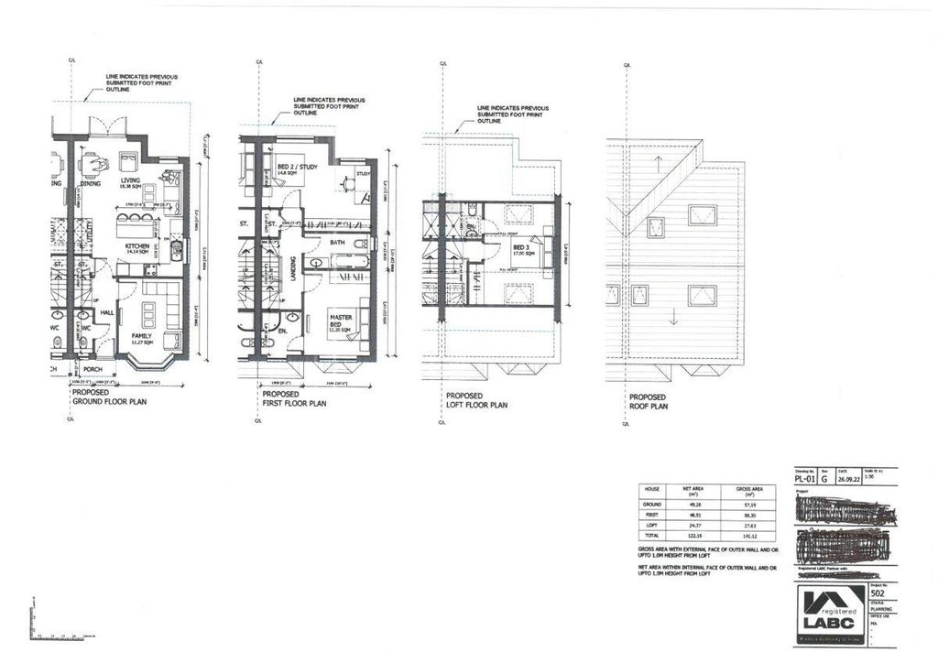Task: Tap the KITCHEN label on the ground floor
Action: point(136,246)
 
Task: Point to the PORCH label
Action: point(93,371)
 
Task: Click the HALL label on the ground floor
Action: point(105,312)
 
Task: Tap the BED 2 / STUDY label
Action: point(294,168)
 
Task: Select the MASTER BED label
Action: point(341,321)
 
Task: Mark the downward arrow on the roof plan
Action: point(673,317)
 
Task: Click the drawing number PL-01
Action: point(802,477)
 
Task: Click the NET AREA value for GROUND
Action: point(701,504)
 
